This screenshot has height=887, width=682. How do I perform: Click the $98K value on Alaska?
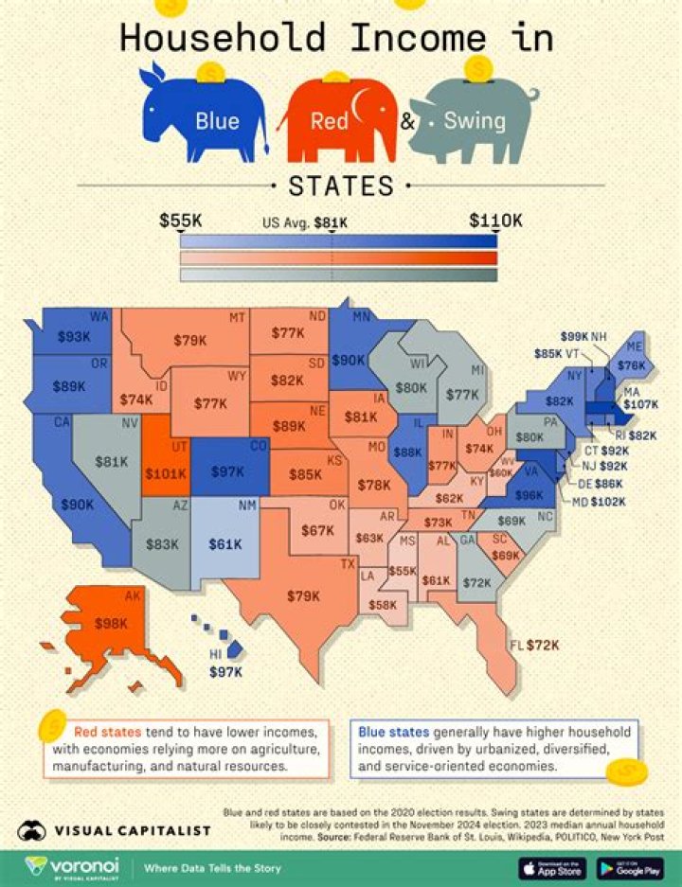110,624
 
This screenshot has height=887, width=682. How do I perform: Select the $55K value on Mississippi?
402,572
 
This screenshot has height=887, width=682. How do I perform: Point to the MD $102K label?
598,501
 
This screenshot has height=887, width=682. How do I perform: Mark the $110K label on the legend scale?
495,221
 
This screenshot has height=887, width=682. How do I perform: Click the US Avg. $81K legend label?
304,223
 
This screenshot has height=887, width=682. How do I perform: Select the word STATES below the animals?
340,186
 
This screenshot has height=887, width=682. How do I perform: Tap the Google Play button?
628,866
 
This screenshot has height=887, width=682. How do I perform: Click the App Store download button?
551,866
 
